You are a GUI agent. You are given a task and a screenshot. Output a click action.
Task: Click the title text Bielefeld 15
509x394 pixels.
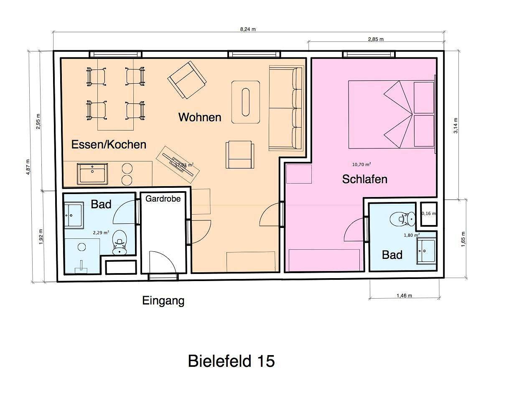[x=231, y=361]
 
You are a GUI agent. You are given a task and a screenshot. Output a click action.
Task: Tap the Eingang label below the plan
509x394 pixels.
[x=163, y=300]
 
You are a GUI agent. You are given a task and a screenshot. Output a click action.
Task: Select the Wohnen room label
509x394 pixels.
[x=200, y=117]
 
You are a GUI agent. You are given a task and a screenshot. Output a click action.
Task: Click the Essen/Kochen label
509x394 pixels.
[x=109, y=144]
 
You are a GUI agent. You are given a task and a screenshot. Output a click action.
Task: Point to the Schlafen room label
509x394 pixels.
[x=364, y=179]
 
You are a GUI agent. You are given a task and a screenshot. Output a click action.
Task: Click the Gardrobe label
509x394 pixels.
[x=163, y=199]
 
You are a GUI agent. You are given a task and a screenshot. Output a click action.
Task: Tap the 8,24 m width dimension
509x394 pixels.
[x=248, y=29]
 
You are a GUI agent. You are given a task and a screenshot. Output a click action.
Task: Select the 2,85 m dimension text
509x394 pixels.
[x=376, y=39]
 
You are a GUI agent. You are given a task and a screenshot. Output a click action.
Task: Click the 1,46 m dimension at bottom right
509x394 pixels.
[x=404, y=296]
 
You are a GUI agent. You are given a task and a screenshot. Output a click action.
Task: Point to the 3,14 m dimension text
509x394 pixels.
[x=456, y=125]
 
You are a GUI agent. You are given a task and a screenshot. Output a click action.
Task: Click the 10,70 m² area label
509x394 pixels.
[x=361, y=164]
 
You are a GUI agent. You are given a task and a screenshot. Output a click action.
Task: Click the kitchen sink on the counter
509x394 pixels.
[x=93, y=173]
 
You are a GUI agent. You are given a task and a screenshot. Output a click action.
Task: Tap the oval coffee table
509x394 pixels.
[x=247, y=102]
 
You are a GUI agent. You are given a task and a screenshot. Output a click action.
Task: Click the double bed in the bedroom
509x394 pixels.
[x=392, y=114]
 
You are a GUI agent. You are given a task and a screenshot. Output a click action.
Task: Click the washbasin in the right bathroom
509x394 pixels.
[x=427, y=251]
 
